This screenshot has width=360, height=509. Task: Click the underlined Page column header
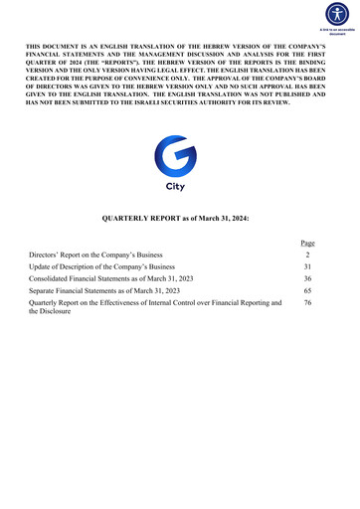[307, 243]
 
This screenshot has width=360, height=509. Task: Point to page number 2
[307, 255]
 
